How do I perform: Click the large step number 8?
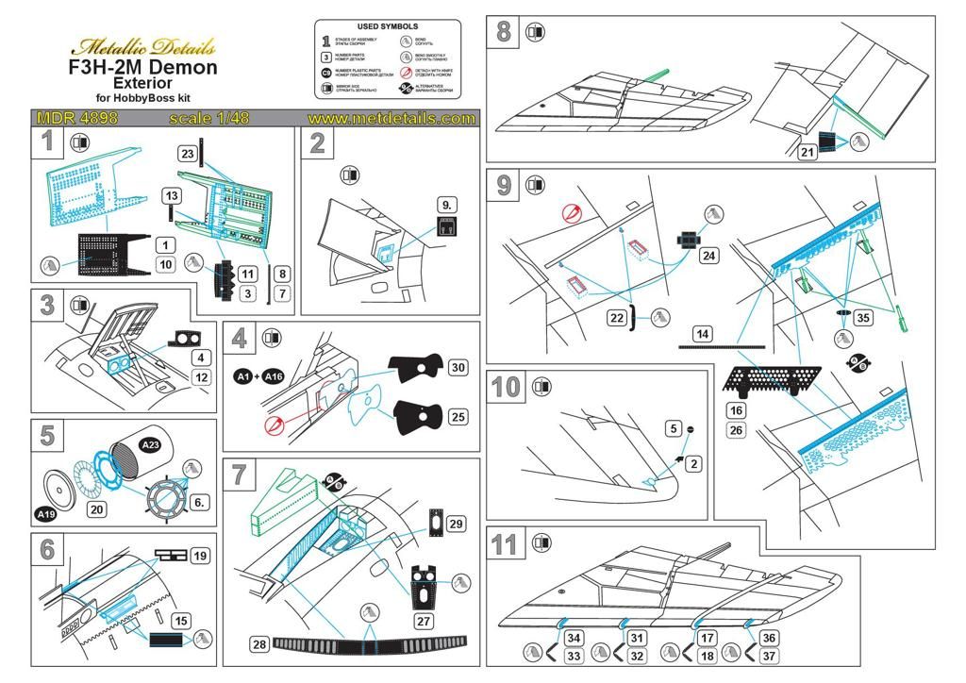tap(503, 32)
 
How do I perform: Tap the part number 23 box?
tap(187, 153)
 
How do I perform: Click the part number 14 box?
tap(702, 334)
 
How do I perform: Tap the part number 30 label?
tap(458, 367)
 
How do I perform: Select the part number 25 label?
tap(458, 416)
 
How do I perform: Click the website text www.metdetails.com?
tap(391, 119)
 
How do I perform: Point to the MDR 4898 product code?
tap(75, 119)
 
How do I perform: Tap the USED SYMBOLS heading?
tap(388, 26)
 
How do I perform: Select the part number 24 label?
tap(708, 256)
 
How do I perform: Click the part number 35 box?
tap(862, 317)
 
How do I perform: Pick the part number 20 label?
tap(94, 508)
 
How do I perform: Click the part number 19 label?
tap(199, 556)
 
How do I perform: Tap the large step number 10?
tap(506, 388)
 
